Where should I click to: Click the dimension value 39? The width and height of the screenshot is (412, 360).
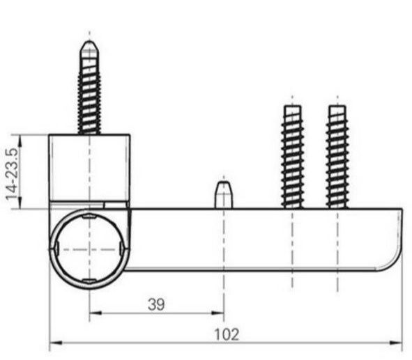pyautogui.click(x=156, y=304)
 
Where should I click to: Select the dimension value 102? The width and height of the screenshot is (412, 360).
pyautogui.click(x=226, y=334)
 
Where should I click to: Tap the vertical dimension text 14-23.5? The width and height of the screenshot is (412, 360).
pyautogui.click(x=12, y=172)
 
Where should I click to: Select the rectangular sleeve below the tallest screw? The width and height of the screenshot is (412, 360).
pyautogui.click(x=89, y=167)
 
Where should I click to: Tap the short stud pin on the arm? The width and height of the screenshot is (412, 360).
pyautogui.click(x=223, y=194)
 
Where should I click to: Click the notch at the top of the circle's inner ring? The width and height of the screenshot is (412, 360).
pyautogui.click(x=89, y=217)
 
